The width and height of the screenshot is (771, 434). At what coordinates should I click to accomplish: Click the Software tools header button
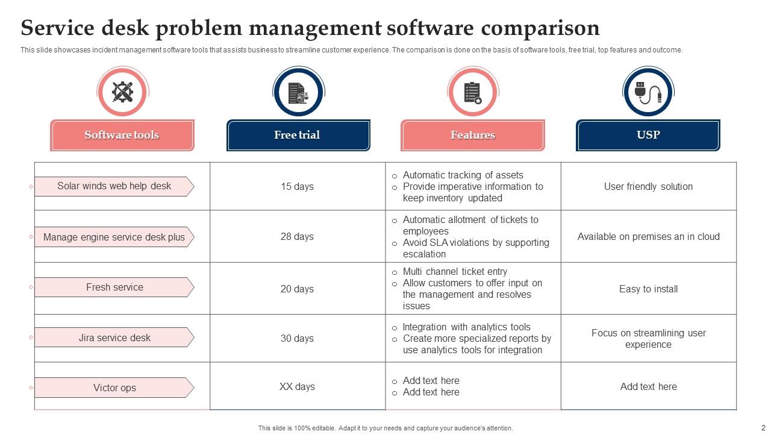[122, 135]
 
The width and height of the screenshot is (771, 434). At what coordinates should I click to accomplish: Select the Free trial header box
[298, 135]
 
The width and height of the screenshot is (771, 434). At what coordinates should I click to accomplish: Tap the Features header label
[473, 135]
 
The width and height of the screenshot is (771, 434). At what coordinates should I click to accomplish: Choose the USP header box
[648, 135]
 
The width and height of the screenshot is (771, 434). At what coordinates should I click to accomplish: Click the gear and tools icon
[123, 92]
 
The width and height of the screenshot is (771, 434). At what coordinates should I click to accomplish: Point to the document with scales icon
[298, 92]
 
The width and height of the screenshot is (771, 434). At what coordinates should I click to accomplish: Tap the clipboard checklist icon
[473, 92]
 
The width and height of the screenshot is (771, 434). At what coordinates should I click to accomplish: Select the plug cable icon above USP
[648, 92]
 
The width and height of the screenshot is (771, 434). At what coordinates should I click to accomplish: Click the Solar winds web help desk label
[114, 186]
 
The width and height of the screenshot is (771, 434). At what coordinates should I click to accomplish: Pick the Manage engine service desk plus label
[114, 237]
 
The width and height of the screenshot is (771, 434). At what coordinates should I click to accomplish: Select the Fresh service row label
[114, 288]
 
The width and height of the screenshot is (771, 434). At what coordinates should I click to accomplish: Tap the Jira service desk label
[114, 338]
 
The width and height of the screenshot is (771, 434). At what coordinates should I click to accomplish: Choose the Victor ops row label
[114, 388]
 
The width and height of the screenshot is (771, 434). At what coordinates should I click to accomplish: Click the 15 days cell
[297, 186]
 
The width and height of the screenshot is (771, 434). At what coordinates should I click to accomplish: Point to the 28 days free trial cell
[297, 236]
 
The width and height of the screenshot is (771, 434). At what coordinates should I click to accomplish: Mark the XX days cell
[297, 386]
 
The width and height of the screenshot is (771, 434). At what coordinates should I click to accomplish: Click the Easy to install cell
[648, 289]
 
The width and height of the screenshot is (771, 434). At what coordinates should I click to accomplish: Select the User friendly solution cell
[648, 186]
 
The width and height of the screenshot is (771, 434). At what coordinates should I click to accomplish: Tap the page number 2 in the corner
[763, 427]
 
